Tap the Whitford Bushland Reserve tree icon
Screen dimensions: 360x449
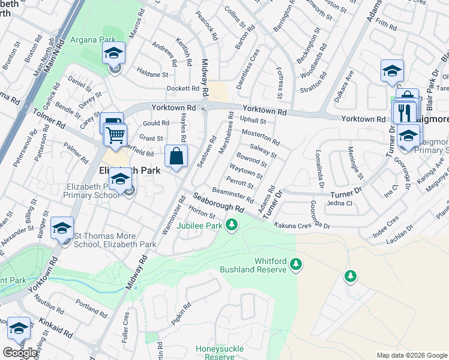point(295,264)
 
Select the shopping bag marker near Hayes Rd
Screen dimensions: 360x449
point(176,157)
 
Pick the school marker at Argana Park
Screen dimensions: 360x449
point(113,54)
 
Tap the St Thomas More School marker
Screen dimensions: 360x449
point(62,229)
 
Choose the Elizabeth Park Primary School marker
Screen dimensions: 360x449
point(121,180)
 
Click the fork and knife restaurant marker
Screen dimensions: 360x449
point(405,112)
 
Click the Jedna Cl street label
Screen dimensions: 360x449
point(339,203)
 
